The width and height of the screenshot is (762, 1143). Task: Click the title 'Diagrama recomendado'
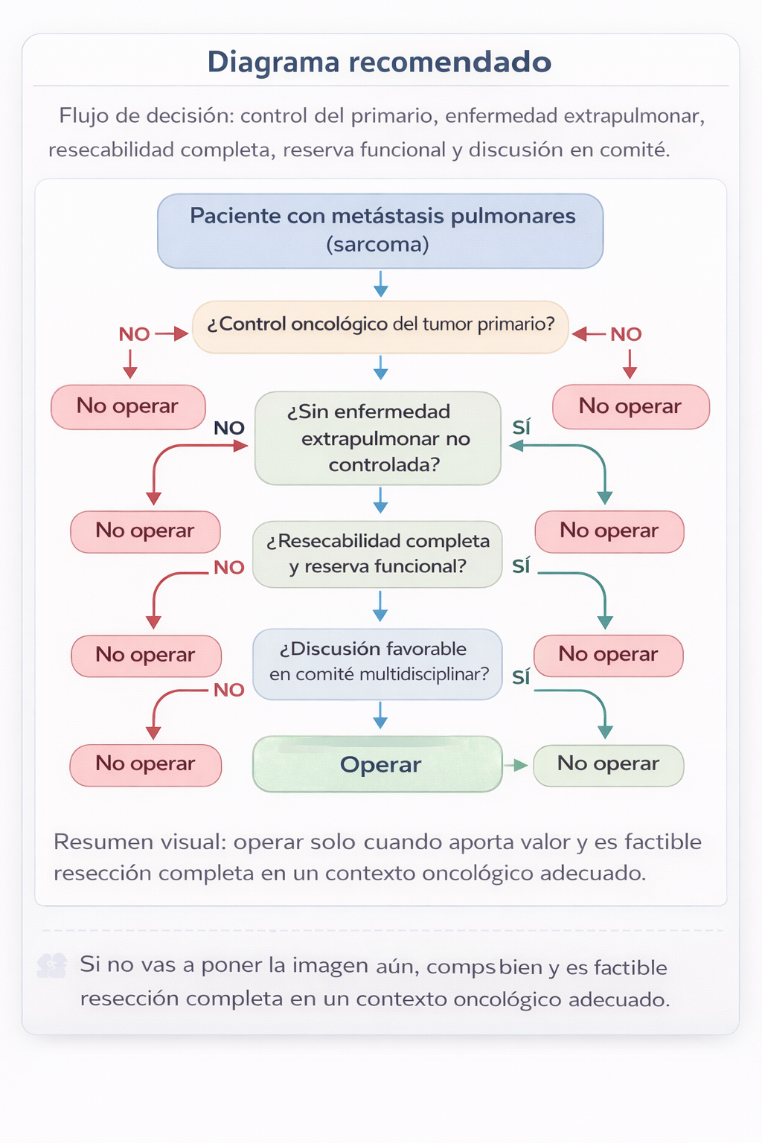pos(380,62)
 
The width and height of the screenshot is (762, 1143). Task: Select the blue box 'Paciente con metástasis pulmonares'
pos(380,231)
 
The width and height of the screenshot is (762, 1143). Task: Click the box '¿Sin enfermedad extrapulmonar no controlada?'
pos(378,438)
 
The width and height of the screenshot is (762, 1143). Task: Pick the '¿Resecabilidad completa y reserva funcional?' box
pos(378,554)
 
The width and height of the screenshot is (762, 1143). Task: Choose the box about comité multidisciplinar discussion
pos(378,663)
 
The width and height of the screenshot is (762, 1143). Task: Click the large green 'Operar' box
pos(378,764)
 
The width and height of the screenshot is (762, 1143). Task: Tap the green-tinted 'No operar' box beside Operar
pos(608,764)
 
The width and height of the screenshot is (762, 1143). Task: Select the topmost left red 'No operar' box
pos(128,406)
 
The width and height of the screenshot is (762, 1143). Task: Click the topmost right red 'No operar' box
pos(630,406)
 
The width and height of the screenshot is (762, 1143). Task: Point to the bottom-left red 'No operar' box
pos(145,764)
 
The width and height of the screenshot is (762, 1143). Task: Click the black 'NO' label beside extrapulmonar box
pos(229,428)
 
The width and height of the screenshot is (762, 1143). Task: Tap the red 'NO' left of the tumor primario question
pos(135,334)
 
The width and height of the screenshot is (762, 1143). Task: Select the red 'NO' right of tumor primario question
pos(626,334)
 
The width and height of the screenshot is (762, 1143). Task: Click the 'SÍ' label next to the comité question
pos(521,677)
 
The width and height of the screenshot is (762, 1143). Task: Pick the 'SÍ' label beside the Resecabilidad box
pos(521,566)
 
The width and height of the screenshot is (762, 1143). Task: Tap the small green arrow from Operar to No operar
pos(516,765)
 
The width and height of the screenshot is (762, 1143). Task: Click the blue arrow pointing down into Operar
pos(380,716)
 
